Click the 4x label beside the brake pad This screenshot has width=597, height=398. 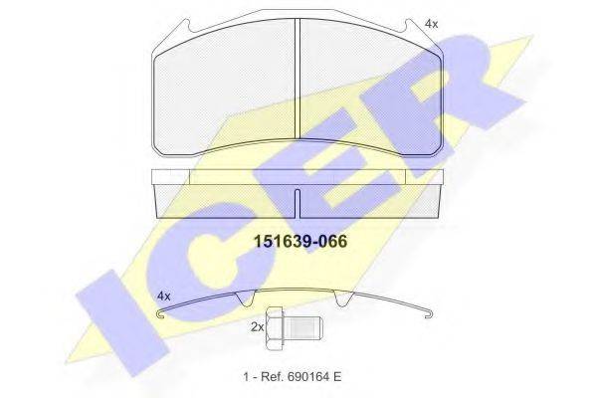(430, 23)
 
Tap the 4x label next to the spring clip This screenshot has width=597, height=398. (165, 297)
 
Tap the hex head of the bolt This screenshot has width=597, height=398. (280, 327)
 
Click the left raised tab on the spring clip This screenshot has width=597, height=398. (250, 298)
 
